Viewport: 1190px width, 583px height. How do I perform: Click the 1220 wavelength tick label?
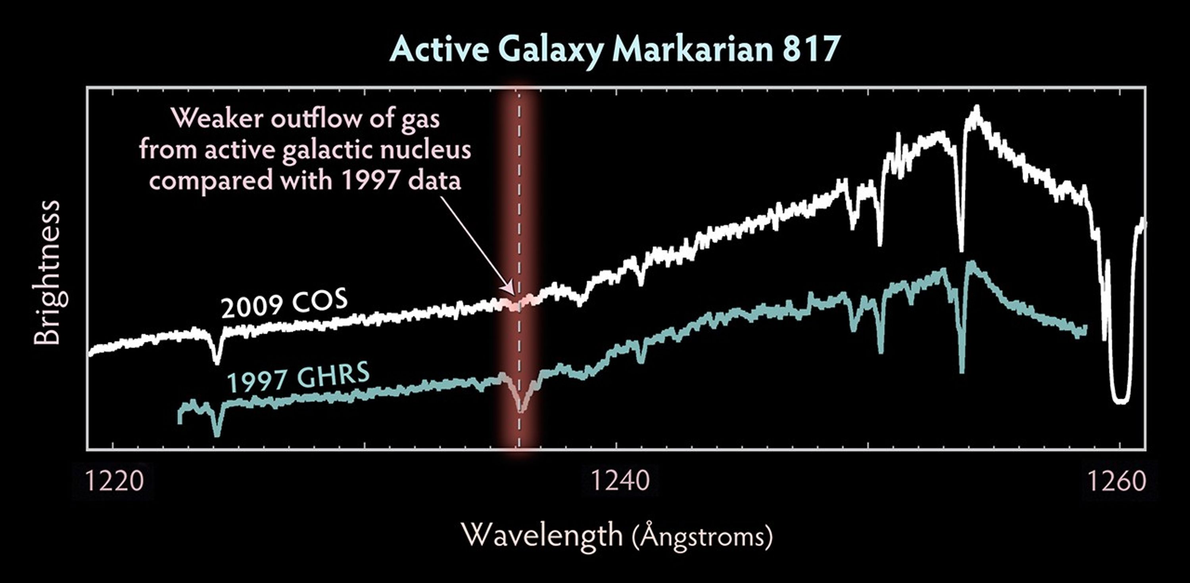point(114,481)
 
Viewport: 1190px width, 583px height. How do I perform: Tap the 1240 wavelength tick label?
point(620,481)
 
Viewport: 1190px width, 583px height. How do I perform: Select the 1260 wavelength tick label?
point(1117,481)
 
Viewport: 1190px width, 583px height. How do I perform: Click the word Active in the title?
point(439,50)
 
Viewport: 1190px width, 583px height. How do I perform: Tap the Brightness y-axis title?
point(47,272)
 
